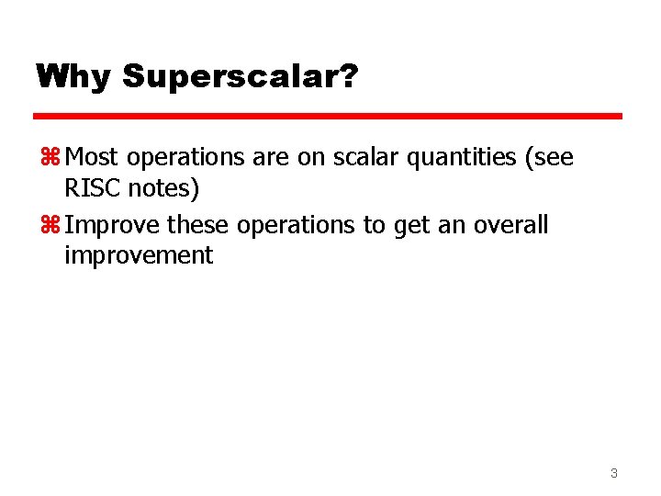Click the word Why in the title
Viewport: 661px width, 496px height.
click(73, 76)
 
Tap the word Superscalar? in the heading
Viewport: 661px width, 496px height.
click(239, 77)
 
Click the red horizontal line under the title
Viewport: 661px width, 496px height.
click(328, 117)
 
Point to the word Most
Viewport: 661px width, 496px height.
click(95, 158)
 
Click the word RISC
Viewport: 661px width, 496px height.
click(90, 188)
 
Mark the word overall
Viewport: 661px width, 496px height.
click(510, 226)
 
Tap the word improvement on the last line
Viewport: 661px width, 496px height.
click(138, 256)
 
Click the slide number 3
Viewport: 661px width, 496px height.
click(613, 474)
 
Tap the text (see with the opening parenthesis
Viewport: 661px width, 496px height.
click(547, 159)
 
